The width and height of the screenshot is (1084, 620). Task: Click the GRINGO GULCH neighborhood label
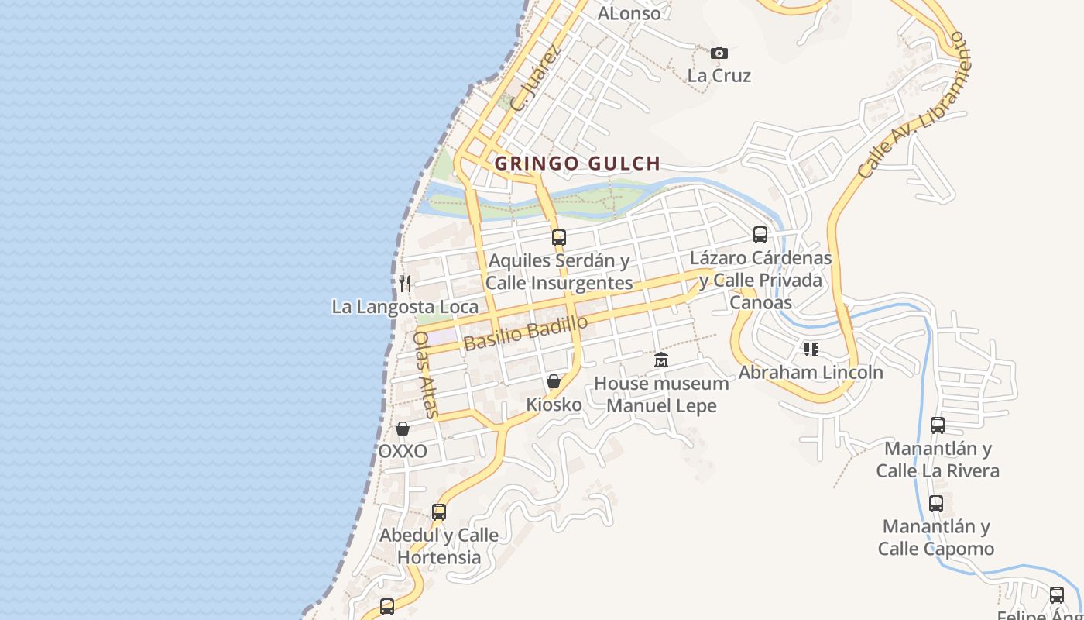(x=577, y=164)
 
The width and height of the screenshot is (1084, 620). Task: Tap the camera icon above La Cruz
(x=719, y=53)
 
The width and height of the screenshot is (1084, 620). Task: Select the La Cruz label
(x=719, y=76)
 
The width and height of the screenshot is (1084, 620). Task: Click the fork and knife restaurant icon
(x=404, y=283)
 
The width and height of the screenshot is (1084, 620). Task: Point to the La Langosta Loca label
(x=405, y=307)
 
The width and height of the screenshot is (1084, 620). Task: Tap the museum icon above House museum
(x=661, y=360)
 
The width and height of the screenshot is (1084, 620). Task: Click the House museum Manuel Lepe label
(x=661, y=394)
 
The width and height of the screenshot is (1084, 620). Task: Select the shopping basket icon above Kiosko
(x=554, y=381)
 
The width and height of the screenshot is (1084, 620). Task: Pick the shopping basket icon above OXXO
(x=403, y=428)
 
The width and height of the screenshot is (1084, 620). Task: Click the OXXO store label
(x=403, y=451)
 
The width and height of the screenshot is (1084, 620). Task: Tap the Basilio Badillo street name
(x=526, y=333)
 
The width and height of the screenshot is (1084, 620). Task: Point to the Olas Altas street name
(x=427, y=374)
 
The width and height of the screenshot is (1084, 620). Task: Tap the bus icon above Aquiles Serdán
(x=558, y=237)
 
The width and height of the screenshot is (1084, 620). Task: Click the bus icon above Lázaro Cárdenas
(x=760, y=234)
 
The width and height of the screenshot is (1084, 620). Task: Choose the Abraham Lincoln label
(x=811, y=372)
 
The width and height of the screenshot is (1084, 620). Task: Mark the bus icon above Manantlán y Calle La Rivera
(x=938, y=425)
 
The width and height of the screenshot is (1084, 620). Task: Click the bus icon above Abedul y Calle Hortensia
(x=439, y=511)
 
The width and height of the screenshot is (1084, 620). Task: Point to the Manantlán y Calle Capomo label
(x=936, y=538)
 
